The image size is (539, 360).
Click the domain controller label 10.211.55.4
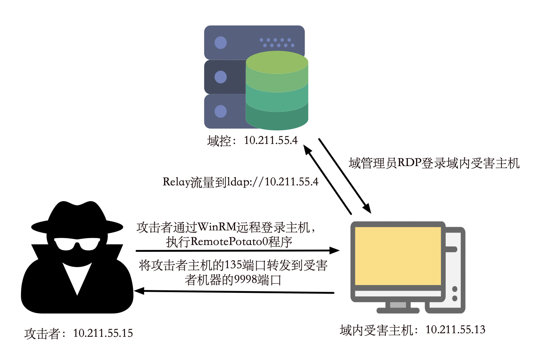pos(252,141)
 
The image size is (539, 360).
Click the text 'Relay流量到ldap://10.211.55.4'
pos(240,182)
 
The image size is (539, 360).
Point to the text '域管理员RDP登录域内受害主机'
pos(434,163)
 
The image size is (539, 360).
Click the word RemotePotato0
pos(229,242)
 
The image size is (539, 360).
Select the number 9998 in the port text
pos(246,280)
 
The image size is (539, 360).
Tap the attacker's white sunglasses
pos(77,244)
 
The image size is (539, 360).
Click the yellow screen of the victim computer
pos(398,256)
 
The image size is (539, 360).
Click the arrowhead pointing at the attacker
pos(139,291)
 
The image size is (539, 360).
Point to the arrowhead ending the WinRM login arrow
pos(335,250)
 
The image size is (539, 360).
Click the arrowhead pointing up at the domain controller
pos(307,149)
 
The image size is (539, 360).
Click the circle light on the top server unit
pos(221,43)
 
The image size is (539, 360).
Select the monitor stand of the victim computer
pos(398,307)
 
